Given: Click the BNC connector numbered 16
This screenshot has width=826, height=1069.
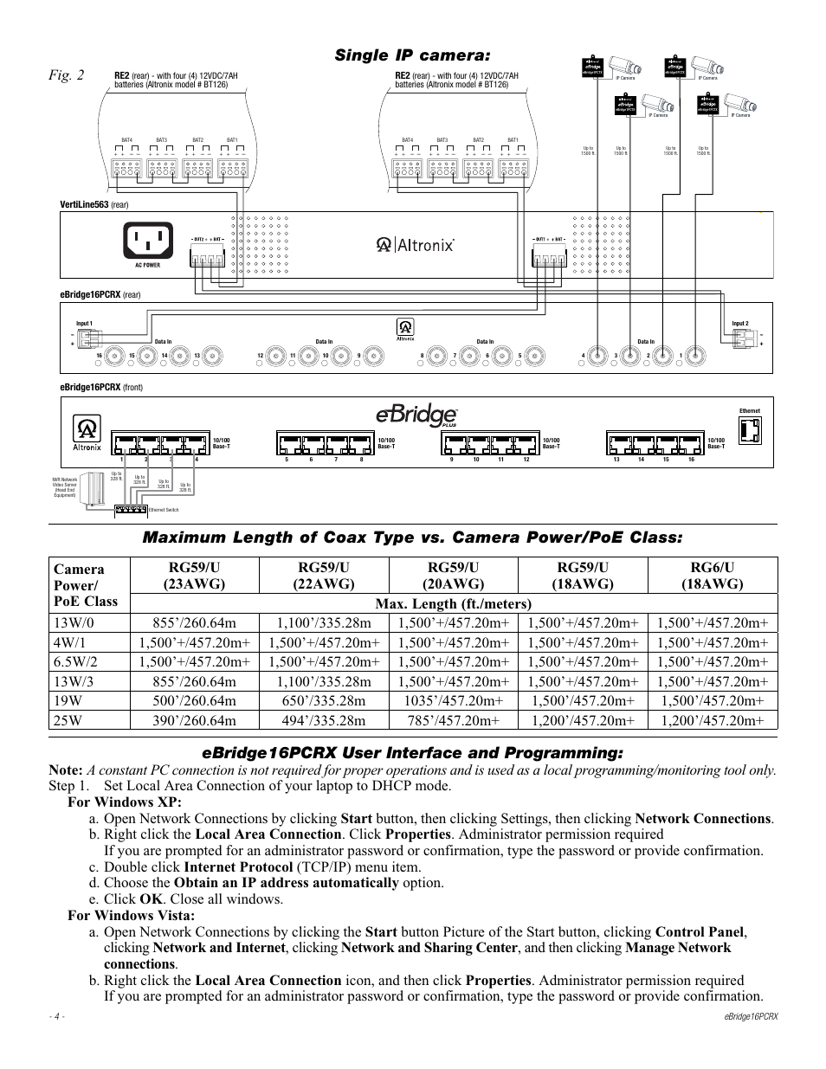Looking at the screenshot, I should pos(115,355).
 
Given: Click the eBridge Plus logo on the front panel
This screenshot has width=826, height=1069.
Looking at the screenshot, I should pos(415,415).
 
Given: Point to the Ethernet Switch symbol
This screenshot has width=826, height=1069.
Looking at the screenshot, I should pos(131,503).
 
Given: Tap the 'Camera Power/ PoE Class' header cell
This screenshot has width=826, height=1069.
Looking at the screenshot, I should pos(85,584).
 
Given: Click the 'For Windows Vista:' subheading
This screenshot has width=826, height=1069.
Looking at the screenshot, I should pos(131,915).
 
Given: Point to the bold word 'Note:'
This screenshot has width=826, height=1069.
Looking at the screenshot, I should pos(66,770).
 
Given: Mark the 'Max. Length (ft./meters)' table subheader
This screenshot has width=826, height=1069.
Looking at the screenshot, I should pos(452,603).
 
